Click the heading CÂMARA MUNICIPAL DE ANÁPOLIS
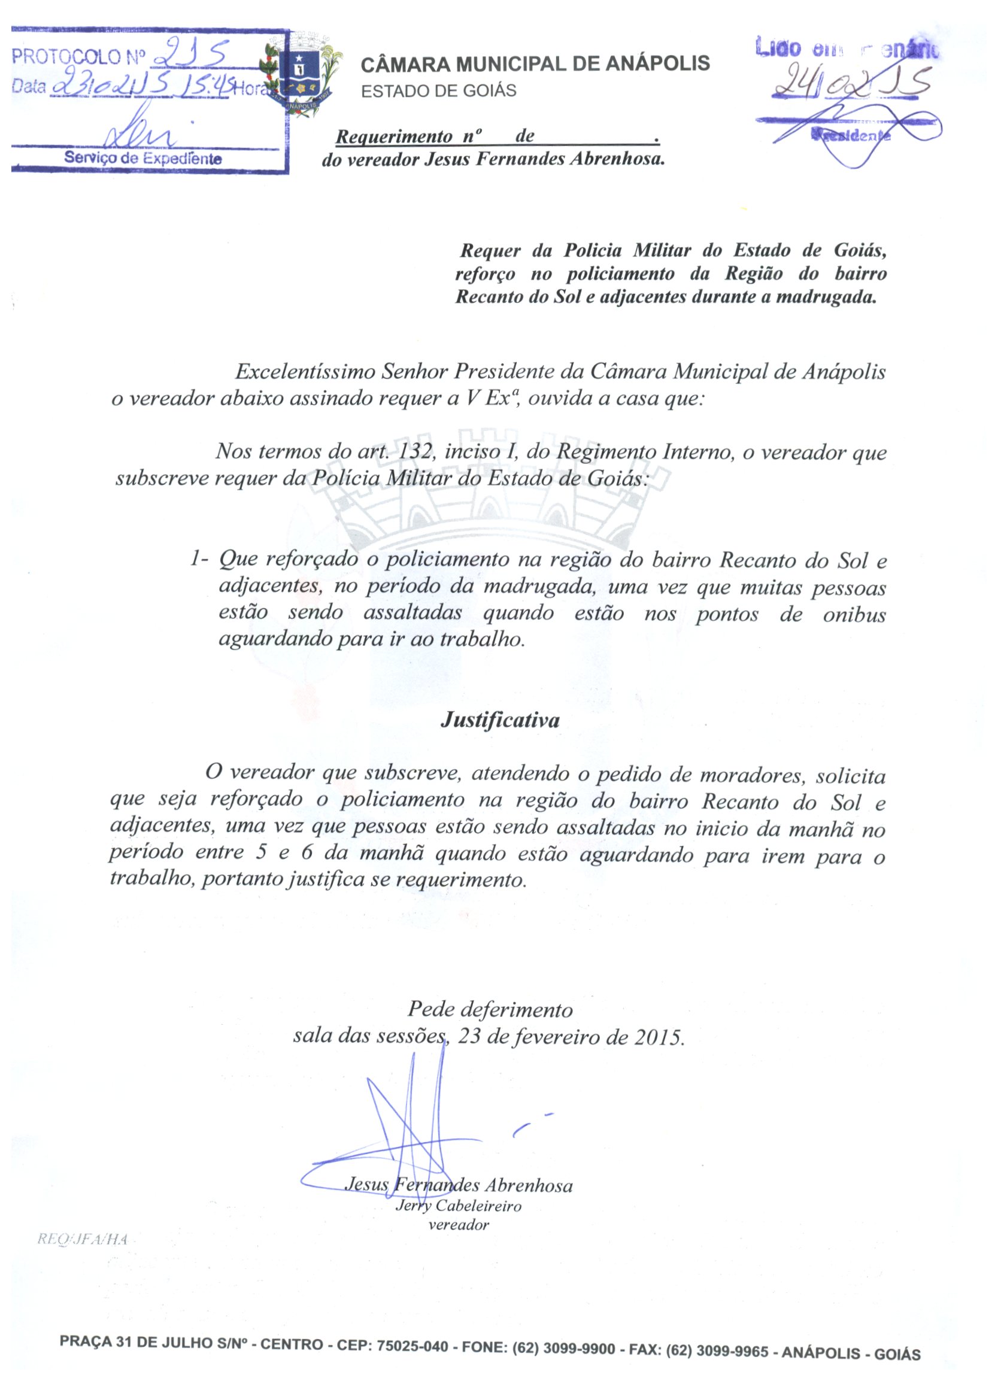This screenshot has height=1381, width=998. tap(535, 64)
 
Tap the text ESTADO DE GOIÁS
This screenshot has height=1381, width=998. tap(438, 91)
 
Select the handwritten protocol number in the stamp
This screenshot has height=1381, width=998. tap(190, 55)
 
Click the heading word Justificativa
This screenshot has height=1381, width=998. tap(499, 720)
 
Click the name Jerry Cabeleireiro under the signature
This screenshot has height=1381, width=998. tap(459, 1206)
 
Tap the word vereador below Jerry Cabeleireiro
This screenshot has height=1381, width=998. tap(459, 1225)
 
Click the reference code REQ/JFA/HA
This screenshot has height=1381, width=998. tap(83, 1239)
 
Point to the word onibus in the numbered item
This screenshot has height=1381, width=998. tap(854, 614)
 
